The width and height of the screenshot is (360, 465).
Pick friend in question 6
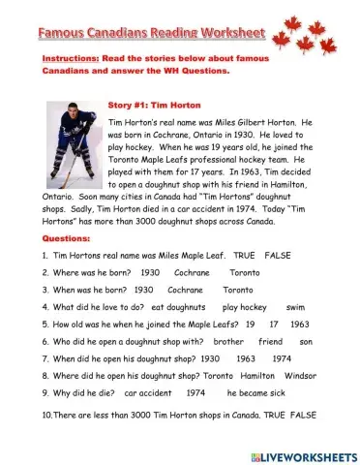[x=270, y=342]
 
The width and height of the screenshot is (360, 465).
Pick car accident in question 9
[x=147, y=394]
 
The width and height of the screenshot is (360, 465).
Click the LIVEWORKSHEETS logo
[x=296, y=453]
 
